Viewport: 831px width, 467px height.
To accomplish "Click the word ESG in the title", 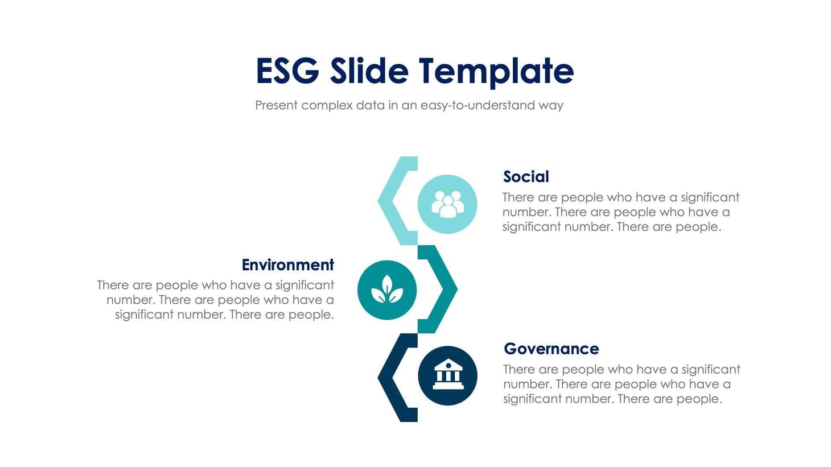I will (x=287, y=71).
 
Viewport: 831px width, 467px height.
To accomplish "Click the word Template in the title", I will (x=496, y=71).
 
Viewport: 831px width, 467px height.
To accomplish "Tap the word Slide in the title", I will (x=369, y=71).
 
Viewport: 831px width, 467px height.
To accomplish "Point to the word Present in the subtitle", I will (x=276, y=105).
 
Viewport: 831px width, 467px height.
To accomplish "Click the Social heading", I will (x=526, y=177).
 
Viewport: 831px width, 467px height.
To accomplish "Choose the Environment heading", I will (x=287, y=265).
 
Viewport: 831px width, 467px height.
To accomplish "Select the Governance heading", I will (x=551, y=349).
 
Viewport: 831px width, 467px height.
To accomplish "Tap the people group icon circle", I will (x=447, y=204).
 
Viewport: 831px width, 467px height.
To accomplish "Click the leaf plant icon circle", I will (x=387, y=290).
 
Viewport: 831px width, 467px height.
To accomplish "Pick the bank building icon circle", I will (x=447, y=375).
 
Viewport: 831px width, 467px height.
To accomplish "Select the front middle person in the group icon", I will (x=448, y=208).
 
